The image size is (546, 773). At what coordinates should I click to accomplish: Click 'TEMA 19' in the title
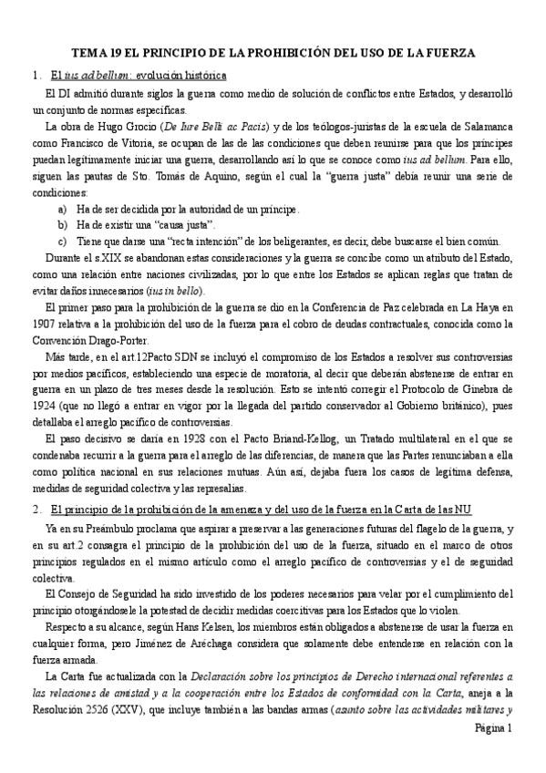pyautogui.click(x=96, y=53)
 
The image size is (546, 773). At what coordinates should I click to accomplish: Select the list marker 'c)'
pyautogui.click(x=62, y=241)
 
